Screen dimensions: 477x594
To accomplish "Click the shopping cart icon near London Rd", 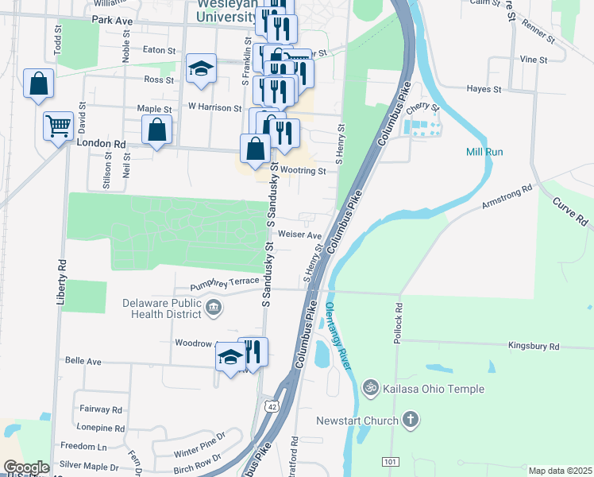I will point(58,125).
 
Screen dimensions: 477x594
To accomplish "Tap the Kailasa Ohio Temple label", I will point(433,389).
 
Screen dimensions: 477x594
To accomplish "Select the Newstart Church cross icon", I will point(411,420).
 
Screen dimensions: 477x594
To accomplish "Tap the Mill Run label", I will point(484,152).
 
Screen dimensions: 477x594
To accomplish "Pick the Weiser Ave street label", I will point(300,235).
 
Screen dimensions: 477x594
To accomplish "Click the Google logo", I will point(26,467).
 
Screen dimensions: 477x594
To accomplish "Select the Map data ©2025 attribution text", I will point(560,471).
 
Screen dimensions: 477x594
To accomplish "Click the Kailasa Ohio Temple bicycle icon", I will point(370,388).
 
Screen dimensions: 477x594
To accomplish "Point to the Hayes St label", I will point(484,90).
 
